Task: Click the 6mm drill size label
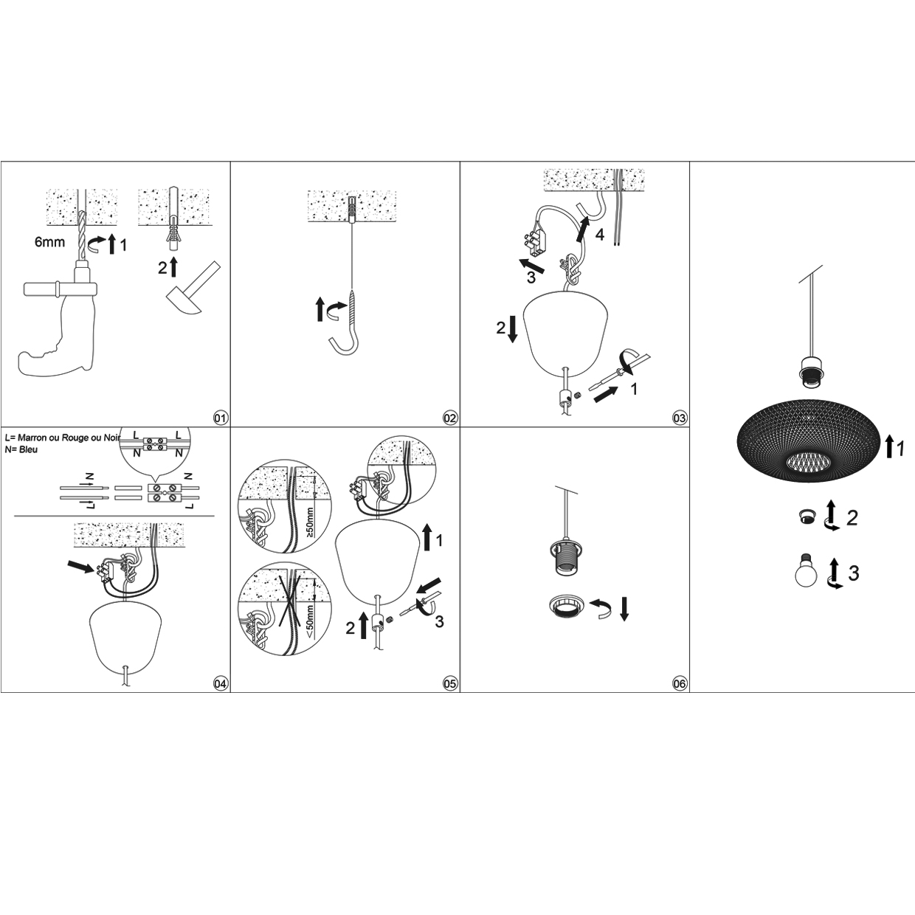pos(49,242)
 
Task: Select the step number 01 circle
pos(221,418)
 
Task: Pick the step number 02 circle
pos(449,418)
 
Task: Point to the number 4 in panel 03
pos(600,234)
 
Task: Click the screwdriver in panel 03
pos(618,373)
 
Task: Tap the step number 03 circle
pos(680,418)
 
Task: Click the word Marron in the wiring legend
pos(32,438)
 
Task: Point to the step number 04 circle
pos(221,683)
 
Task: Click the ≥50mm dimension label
pos(310,522)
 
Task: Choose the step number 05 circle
pos(449,683)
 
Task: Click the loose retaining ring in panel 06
pos(567,607)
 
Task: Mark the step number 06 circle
pos(680,683)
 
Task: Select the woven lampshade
pos(807,441)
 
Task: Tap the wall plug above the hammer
pos(174,238)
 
